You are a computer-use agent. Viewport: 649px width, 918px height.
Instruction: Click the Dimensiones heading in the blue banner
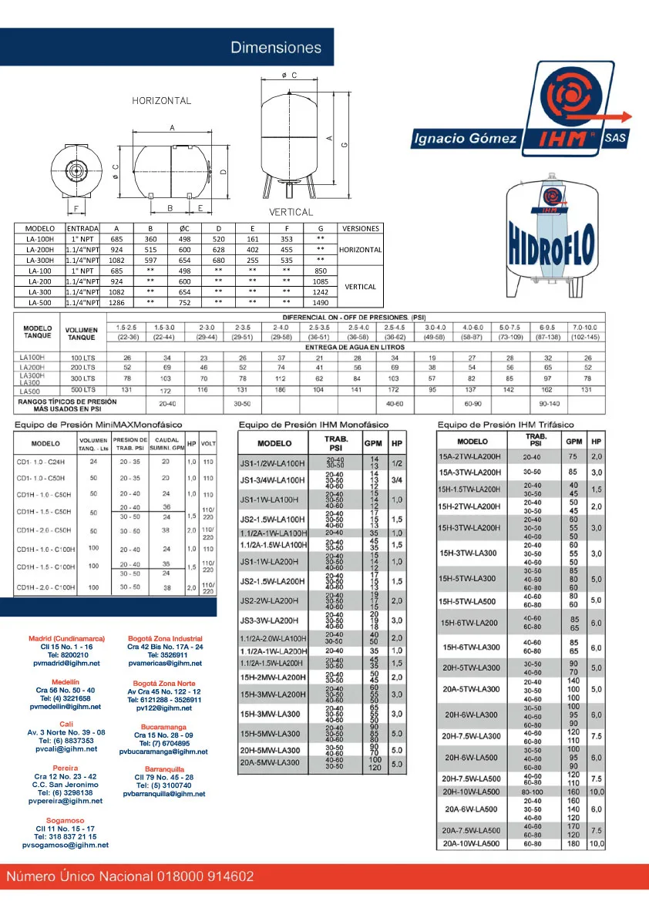click(x=276, y=48)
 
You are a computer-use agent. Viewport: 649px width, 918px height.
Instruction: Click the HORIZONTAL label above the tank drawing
click(x=161, y=101)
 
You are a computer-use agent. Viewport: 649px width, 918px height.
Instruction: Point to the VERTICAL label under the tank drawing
click(x=291, y=212)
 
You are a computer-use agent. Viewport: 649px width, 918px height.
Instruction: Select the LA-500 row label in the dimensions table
click(x=39, y=303)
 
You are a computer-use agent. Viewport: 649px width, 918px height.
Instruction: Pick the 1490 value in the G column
click(x=321, y=303)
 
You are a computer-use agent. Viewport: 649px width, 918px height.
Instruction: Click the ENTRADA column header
click(x=82, y=228)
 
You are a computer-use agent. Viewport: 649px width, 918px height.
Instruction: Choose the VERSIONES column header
click(x=360, y=228)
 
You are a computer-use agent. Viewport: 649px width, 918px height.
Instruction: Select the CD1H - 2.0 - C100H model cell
click(x=45, y=587)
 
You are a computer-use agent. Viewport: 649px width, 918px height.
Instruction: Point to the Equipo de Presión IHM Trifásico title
click(x=506, y=425)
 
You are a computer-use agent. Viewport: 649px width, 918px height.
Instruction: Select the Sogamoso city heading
click(x=66, y=821)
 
